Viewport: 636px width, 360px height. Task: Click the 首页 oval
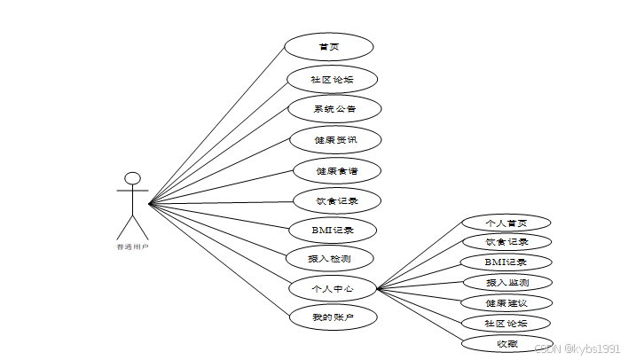click(x=328, y=47)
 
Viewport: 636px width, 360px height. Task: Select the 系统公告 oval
click(x=334, y=109)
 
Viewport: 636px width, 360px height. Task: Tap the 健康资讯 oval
click(x=335, y=139)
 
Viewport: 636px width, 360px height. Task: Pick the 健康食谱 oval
click(x=336, y=170)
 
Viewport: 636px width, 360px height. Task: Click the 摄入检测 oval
click(x=328, y=258)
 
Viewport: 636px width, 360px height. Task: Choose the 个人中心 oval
click(x=332, y=288)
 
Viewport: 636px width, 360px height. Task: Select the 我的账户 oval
click(x=332, y=317)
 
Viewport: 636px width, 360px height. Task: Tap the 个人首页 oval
click(x=506, y=222)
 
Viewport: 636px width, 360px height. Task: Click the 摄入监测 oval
click(x=507, y=283)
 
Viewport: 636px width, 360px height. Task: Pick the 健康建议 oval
click(x=506, y=303)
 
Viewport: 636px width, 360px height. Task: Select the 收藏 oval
click(x=507, y=343)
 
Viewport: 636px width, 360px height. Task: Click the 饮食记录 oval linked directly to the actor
click(x=336, y=200)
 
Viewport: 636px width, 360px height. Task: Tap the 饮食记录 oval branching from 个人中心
click(x=506, y=241)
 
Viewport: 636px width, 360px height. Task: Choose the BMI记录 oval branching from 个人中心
click(x=506, y=262)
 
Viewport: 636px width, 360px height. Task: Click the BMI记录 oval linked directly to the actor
click(x=332, y=230)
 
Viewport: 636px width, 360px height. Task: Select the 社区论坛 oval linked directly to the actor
click(x=332, y=79)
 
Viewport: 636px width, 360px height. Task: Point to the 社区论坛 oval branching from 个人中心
click(x=506, y=323)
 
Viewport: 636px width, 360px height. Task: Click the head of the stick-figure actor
click(x=133, y=178)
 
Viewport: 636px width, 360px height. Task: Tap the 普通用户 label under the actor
click(x=133, y=247)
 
